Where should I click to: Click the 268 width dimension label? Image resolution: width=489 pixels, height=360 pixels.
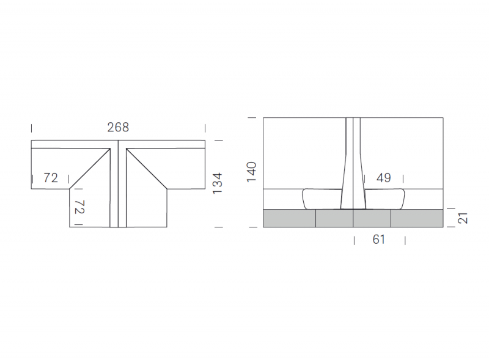118,127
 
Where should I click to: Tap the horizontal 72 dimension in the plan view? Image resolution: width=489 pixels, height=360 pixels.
51,178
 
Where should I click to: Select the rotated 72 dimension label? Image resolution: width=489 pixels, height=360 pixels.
79,207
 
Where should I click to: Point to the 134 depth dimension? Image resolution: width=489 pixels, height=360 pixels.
218,183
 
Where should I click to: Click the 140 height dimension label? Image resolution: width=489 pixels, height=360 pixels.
251,172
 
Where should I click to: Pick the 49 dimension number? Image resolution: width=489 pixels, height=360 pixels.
384,178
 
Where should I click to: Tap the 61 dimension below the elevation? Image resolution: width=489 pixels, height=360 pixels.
379,240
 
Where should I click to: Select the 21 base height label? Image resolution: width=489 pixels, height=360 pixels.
463,218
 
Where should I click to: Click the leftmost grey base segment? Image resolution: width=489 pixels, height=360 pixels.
289,218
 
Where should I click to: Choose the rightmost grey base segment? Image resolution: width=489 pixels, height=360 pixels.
417,218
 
